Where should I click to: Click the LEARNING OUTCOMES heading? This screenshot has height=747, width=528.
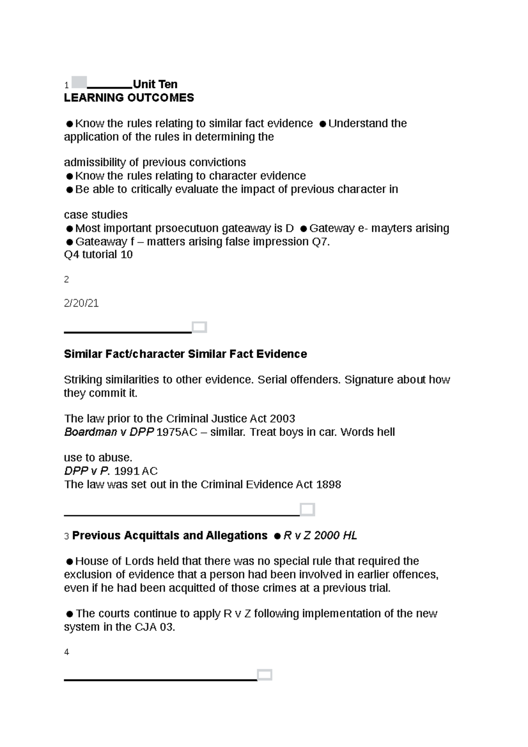(x=129, y=98)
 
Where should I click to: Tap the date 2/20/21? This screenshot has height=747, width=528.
(x=81, y=303)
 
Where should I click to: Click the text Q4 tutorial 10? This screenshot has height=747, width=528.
(x=98, y=255)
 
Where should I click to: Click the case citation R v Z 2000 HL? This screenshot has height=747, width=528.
(x=320, y=535)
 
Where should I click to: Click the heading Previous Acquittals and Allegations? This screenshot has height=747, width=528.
(x=169, y=535)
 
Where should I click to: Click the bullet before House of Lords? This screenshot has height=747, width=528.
(x=69, y=562)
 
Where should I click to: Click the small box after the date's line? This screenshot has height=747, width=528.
(x=199, y=327)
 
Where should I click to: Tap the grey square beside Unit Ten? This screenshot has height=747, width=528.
(x=79, y=82)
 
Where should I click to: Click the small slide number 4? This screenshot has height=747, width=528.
(x=66, y=652)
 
